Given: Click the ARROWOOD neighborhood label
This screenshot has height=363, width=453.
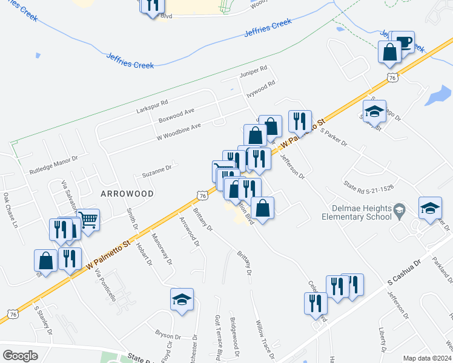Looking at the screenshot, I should pos(119,193).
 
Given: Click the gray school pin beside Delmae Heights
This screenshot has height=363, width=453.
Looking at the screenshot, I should pos(399,209).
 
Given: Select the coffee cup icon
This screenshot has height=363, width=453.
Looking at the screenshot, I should pos(404,42).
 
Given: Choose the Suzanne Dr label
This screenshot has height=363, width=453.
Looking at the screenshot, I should pos(157,172).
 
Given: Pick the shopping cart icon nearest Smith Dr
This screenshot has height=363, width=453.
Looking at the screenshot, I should pos(88,220).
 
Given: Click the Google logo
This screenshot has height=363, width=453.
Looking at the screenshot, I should pos(20,355).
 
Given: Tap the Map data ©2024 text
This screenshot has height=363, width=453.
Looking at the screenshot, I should pos(427,358).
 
